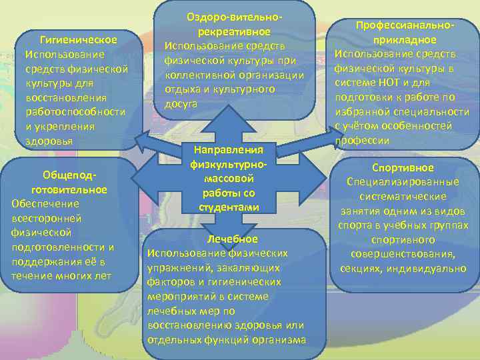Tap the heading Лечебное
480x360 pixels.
pos(232,239)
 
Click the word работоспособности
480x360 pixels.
pos(75,112)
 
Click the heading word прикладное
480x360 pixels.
pos(405,39)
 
